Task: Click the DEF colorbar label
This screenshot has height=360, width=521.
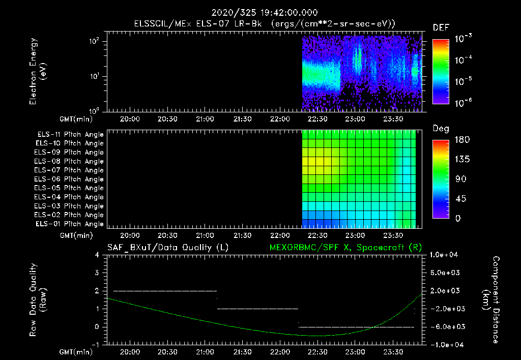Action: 441,27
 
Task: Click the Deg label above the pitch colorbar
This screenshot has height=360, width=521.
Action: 441,129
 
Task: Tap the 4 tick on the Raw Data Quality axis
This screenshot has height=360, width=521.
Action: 97,255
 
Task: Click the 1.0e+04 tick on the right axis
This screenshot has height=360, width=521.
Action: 446,255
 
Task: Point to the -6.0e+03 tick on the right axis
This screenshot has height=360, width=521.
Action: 446,326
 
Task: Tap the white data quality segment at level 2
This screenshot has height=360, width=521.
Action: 165,291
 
